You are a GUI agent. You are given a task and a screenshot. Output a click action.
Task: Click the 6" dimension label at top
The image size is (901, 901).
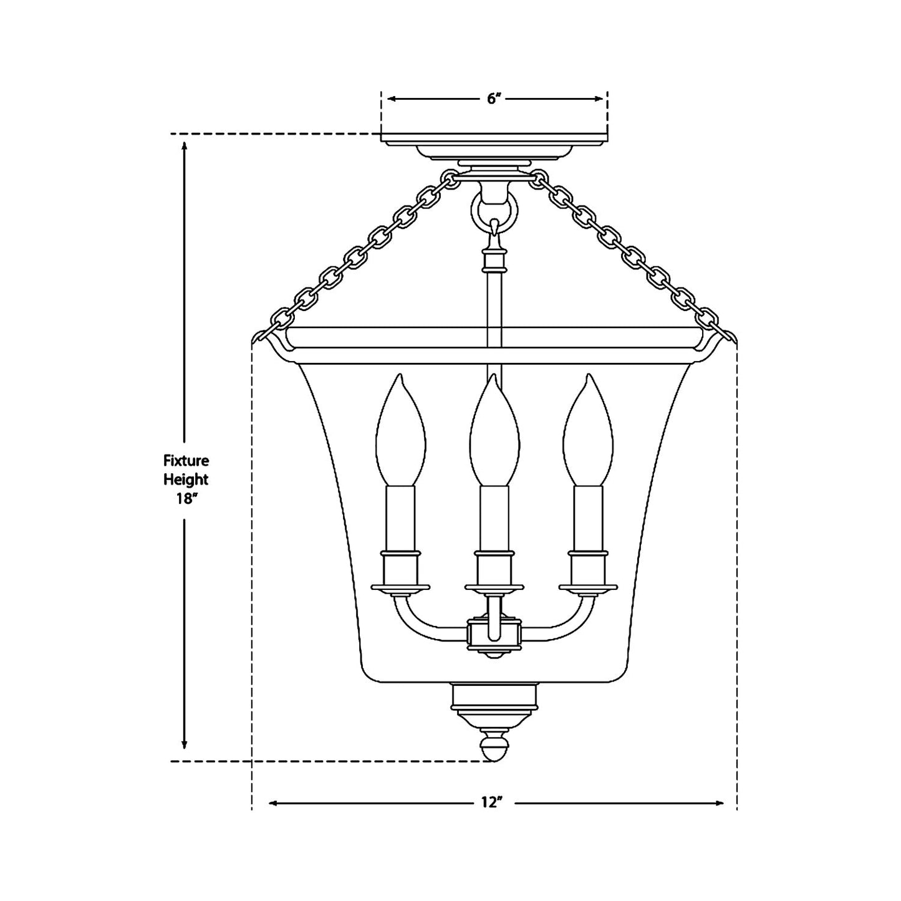(494, 99)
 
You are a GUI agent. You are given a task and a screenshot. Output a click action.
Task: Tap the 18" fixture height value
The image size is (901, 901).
(186, 499)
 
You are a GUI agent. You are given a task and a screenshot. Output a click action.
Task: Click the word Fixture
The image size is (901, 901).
(186, 461)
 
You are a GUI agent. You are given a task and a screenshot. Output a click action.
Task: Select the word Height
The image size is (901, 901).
(186, 479)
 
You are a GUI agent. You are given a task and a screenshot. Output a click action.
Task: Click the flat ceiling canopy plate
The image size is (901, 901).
(494, 138)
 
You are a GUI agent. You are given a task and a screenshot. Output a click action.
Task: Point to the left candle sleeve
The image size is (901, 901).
(400, 518)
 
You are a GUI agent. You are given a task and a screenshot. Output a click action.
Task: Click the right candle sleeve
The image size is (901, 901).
(588, 518)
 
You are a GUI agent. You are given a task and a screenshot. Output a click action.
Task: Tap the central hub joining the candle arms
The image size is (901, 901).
(494, 635)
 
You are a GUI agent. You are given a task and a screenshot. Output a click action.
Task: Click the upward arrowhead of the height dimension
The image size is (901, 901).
(185, 146)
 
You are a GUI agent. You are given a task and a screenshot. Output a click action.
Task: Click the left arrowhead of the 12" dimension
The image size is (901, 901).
(273, 803)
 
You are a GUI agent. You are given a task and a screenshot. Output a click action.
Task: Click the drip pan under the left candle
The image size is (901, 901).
(400, 587)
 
